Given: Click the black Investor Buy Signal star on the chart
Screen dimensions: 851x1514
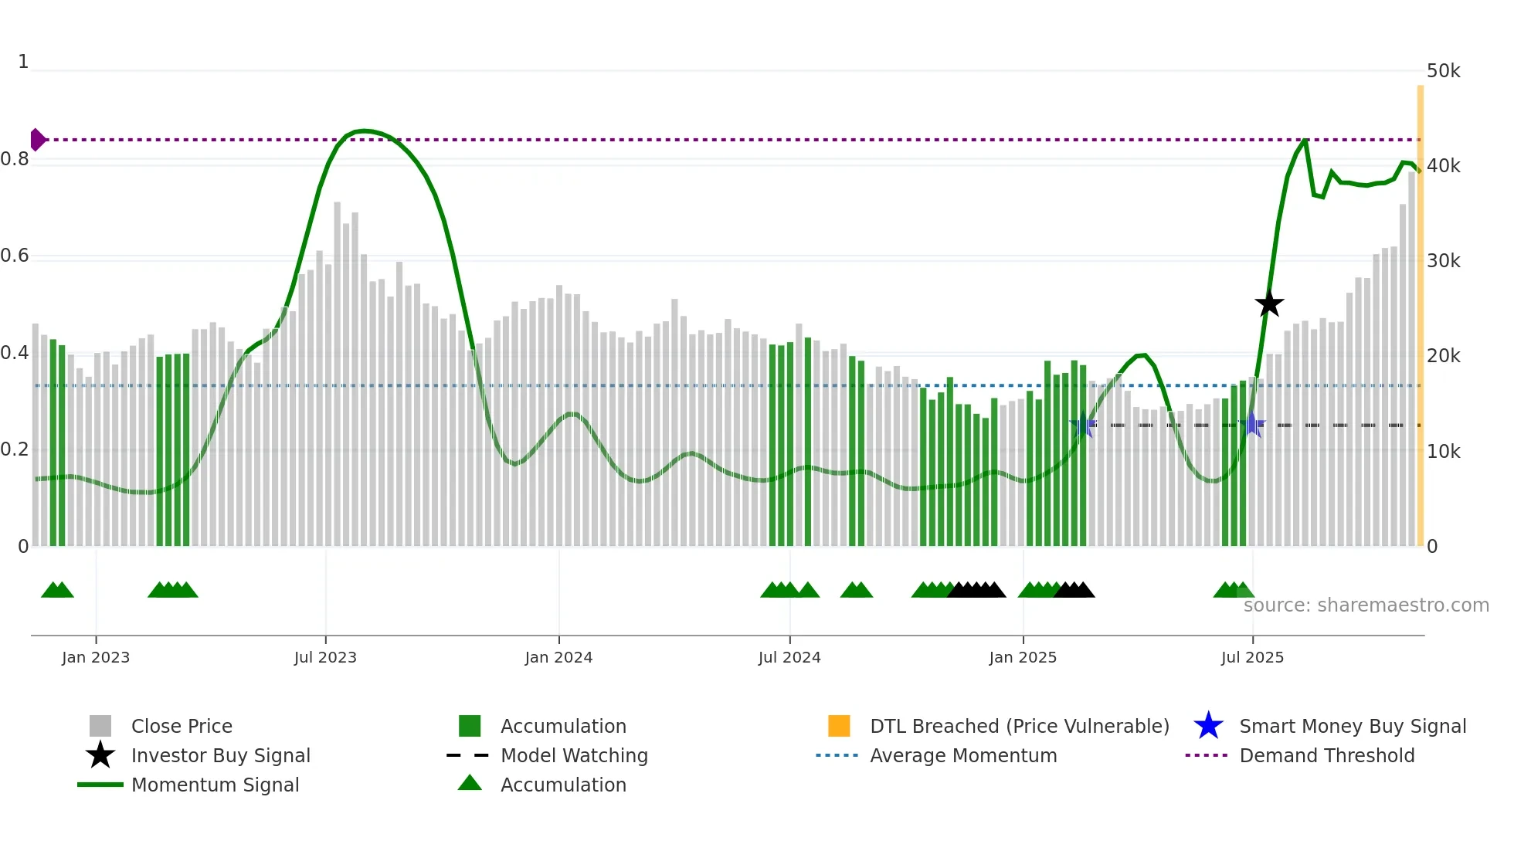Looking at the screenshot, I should point(1268,304).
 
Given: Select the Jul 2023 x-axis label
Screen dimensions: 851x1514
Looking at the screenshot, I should point(325,657).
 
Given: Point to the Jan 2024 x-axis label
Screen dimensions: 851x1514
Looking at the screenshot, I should point(558,657).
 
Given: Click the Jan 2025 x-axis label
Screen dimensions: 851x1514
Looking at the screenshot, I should point(1023,657).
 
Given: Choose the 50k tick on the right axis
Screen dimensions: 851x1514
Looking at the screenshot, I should point(1443,71).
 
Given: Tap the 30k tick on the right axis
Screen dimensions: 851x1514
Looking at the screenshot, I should point(1443,261).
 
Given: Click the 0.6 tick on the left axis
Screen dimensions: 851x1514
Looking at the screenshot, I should point(15,256).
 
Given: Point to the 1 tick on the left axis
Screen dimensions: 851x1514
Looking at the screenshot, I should point(23,62).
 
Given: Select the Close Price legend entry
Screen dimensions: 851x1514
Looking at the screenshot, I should point(182,726).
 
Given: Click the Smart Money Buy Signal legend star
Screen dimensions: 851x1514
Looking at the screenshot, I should point(1208,726).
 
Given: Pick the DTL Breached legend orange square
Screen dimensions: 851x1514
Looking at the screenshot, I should point(839,726).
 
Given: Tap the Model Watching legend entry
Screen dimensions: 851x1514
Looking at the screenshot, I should point(574,755).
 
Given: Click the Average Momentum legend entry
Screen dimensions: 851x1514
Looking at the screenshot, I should point(963,755).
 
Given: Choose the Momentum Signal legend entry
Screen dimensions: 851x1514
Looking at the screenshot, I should point(215,785).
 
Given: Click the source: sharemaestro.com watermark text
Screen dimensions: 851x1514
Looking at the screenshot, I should point(1366,605).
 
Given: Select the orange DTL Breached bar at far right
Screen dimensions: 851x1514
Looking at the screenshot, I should point(1420,309).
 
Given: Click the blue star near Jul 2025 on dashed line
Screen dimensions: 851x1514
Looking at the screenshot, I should point(1252,425).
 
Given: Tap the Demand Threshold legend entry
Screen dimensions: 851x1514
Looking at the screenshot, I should point(1326,755).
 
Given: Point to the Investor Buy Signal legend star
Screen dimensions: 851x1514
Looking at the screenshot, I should point(100,755).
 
